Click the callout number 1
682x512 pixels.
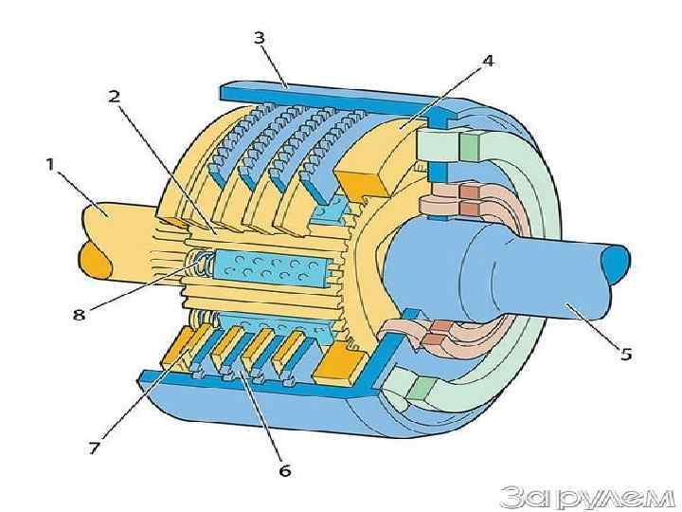pyautogui.click(x=48, y=164)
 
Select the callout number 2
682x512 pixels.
pyautogui.click(x=114, y=96)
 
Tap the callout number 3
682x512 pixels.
pyautogui.click(x=259, y=38)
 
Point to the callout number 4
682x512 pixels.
pyautogui.click(x=487, y=61)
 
